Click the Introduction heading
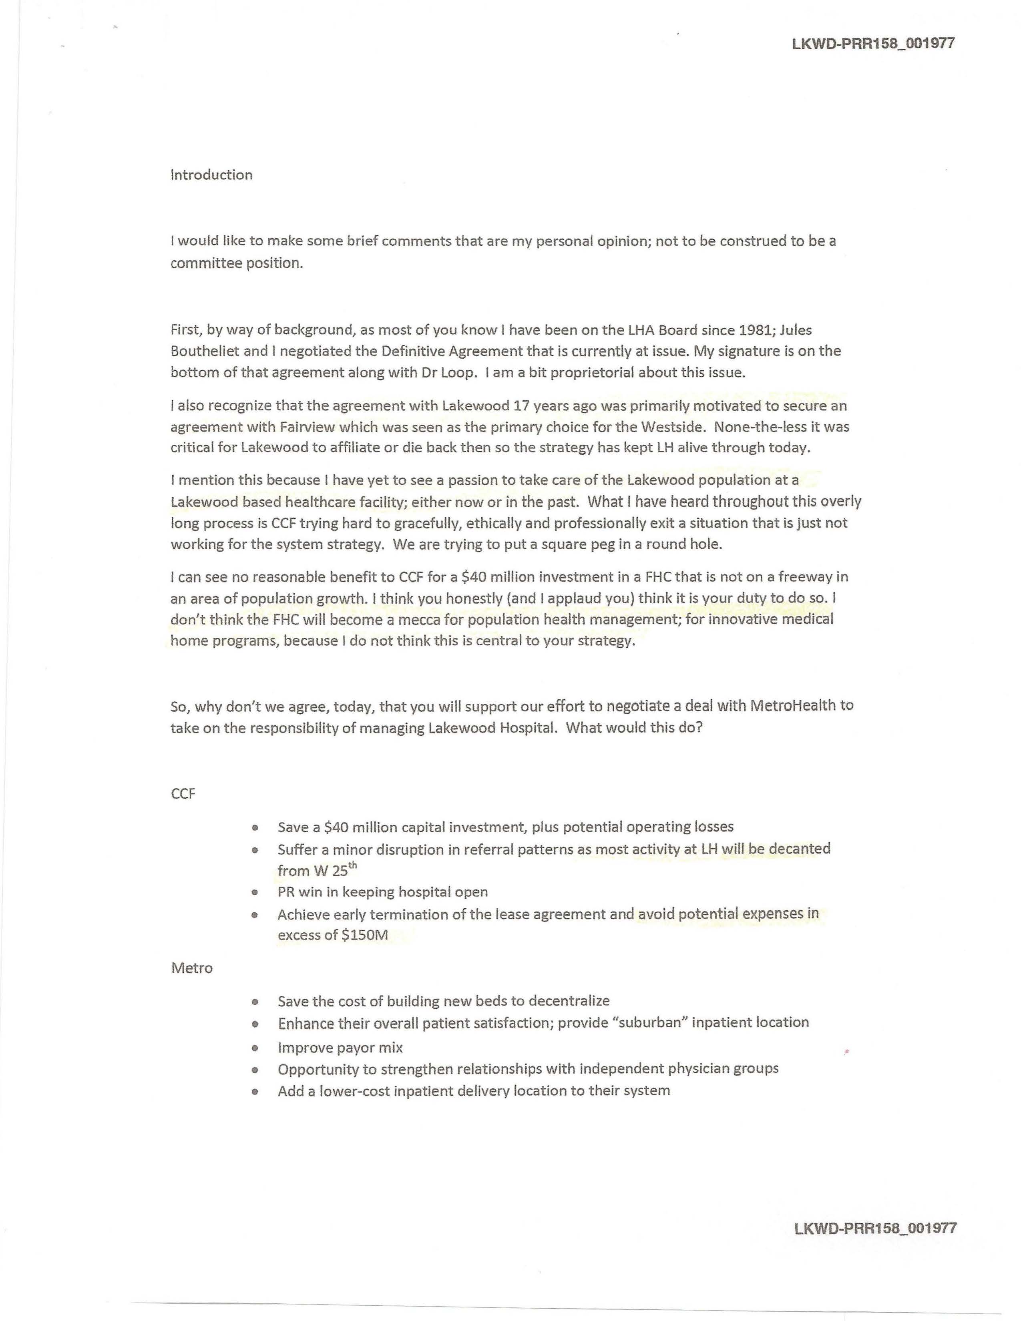pos(211,175)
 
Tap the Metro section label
pos(192,968)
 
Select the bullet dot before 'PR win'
pos(255,892)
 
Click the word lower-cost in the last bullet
pos(347,1090)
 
